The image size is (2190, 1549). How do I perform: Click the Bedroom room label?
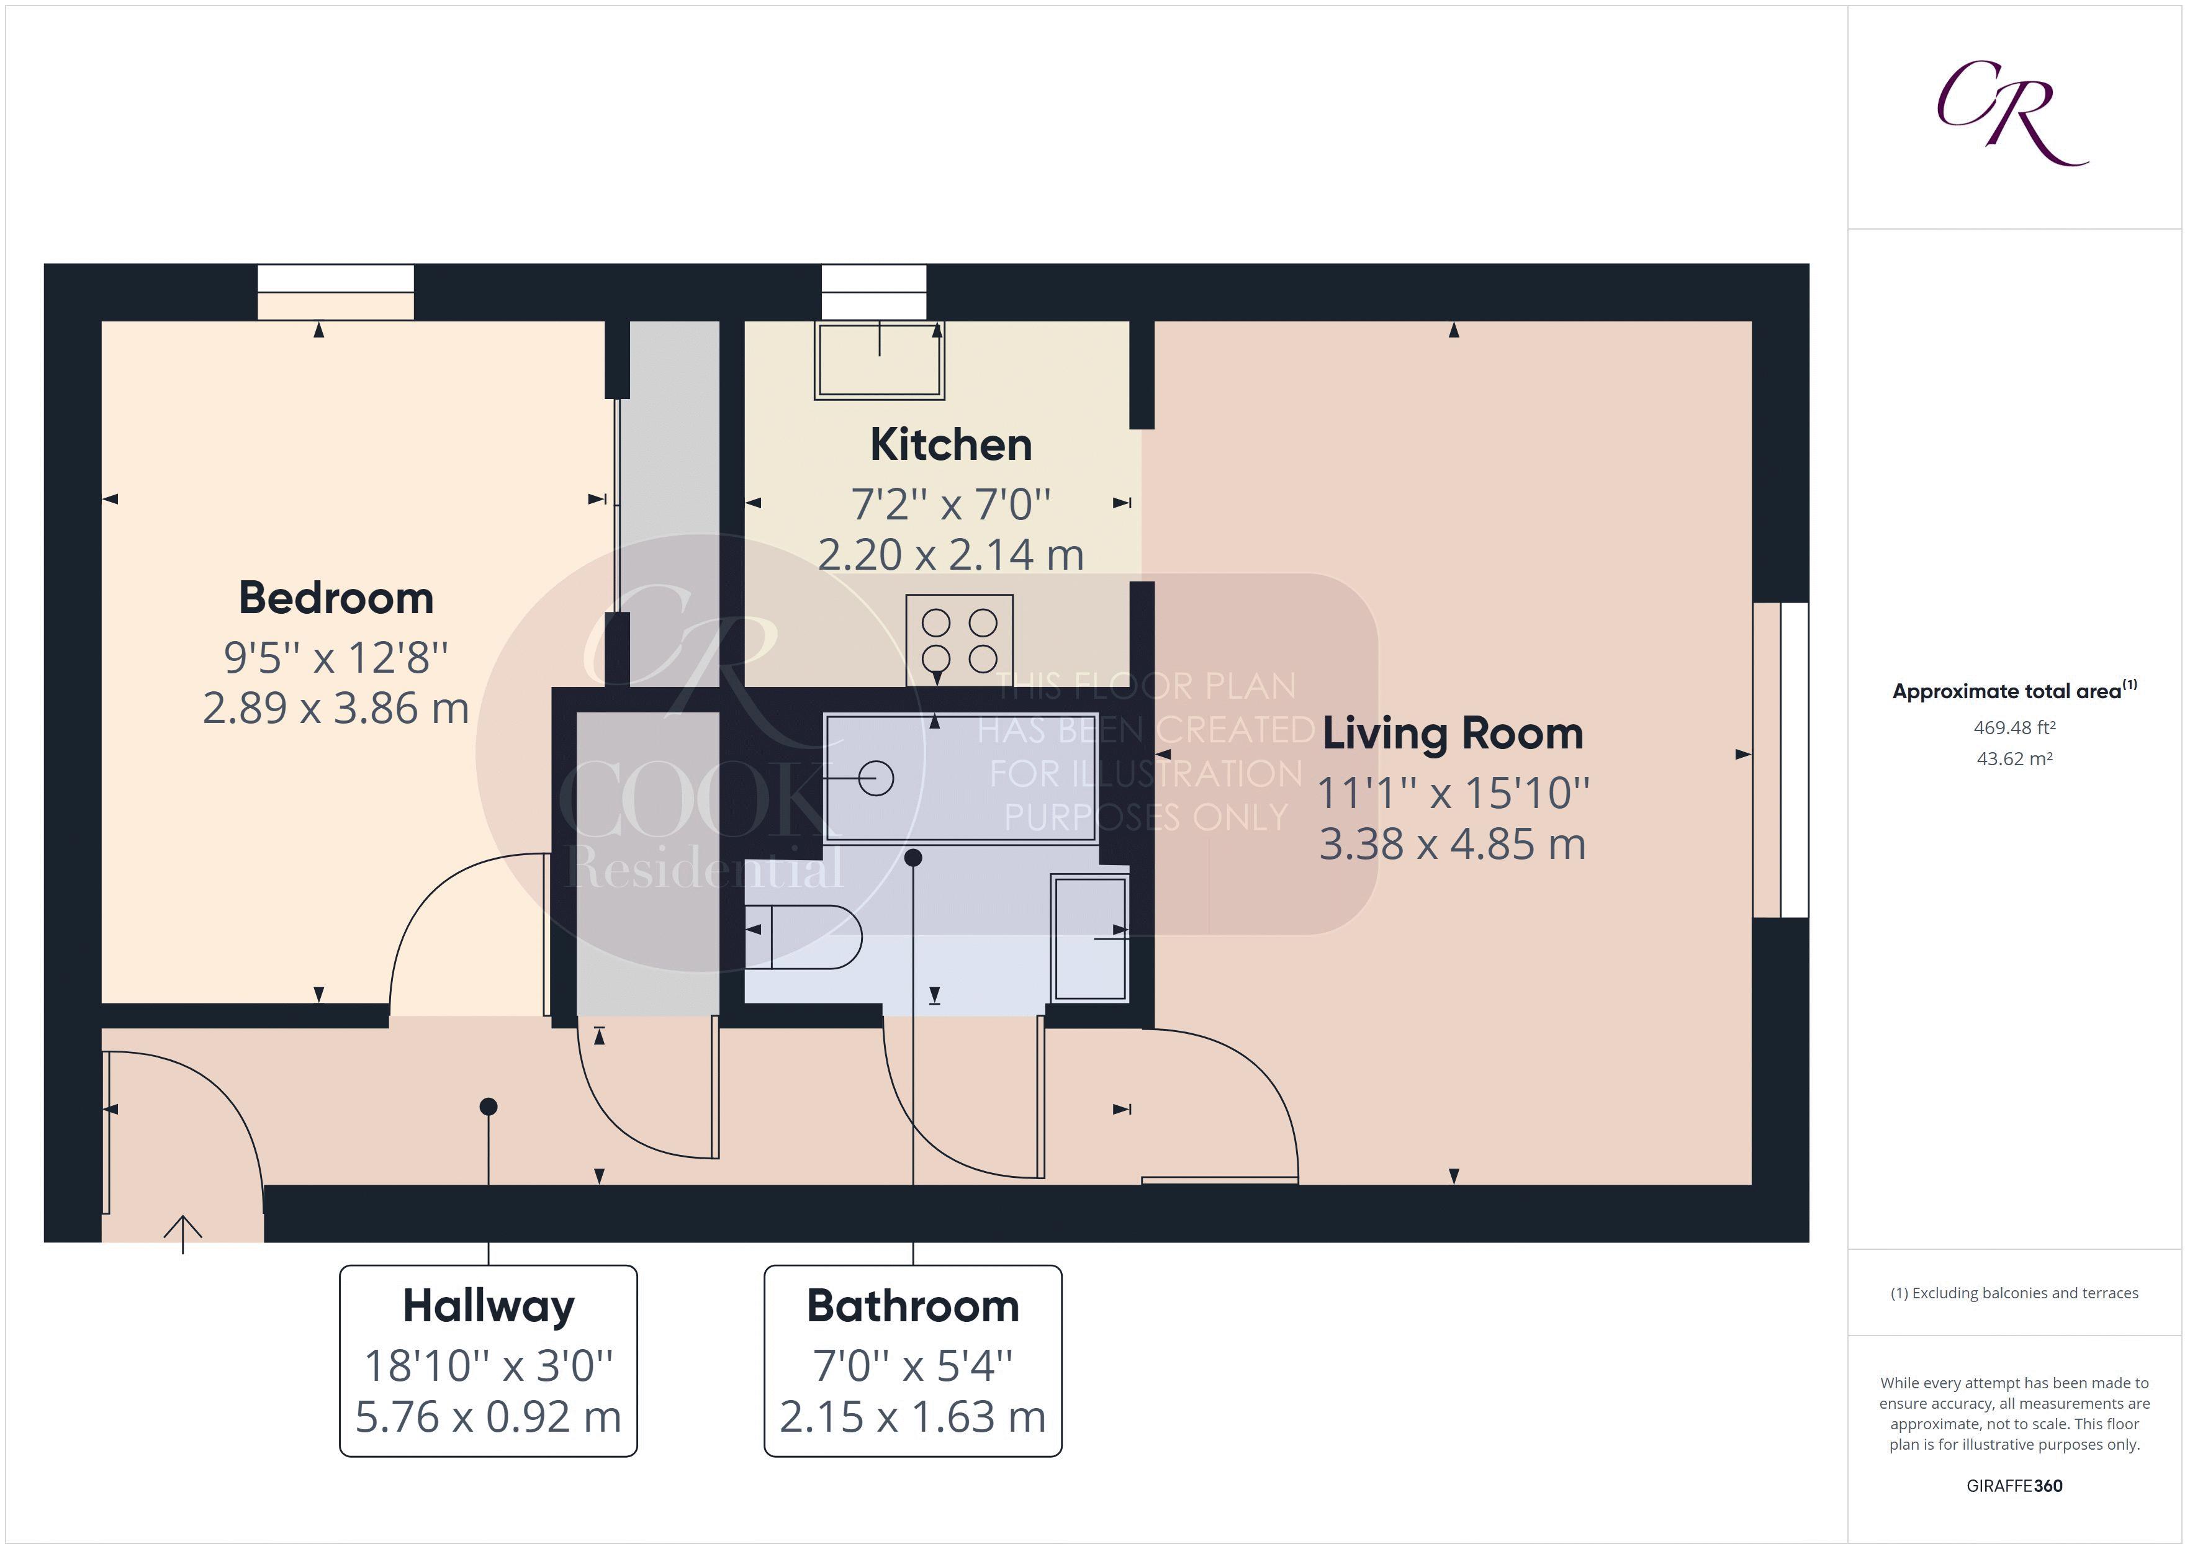pos(336,599)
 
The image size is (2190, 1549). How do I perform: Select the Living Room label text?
pos(1452,734)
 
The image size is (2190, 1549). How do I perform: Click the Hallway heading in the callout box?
pos(489,1306)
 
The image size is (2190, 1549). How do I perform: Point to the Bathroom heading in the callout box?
pos(913,1306)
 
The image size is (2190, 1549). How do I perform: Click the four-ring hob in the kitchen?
pos(958,640)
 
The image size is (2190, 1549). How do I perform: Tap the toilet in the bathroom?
pos(803,936)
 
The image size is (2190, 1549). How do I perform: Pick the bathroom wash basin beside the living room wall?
pos(1089,938)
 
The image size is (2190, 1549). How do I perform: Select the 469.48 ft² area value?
pos(2014,728)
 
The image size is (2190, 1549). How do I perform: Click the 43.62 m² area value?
pos(2014,759)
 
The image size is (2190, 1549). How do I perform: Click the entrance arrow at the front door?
pos(182,1233)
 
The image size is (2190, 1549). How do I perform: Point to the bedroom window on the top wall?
pos(336,291)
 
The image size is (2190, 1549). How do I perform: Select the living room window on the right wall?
pos(1781,760)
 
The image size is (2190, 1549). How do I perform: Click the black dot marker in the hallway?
pos(489,1107)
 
